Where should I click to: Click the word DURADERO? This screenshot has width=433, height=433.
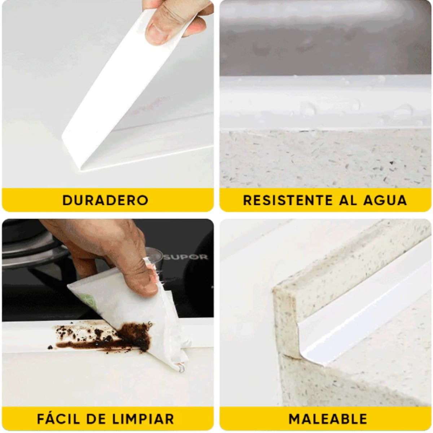click(105, 200)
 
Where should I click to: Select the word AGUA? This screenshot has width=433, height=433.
click(385, 200)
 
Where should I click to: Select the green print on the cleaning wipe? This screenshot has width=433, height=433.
click(86, 299)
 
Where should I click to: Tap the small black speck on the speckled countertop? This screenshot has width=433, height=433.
click(392, 162)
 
